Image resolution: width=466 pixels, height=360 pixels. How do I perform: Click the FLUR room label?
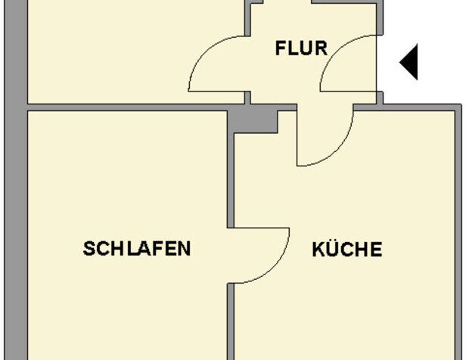300,49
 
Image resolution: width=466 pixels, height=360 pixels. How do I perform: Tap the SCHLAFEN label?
136,248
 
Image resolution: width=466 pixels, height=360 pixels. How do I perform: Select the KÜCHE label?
346,249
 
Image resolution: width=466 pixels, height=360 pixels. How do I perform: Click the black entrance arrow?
409,63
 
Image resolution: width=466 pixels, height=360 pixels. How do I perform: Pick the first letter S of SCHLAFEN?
89,248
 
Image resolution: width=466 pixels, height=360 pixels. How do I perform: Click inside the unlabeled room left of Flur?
129,49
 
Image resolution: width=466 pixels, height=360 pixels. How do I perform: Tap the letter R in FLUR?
321,49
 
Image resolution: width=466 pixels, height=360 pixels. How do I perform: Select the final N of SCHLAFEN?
184,248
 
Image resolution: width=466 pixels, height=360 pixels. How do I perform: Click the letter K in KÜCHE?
318,249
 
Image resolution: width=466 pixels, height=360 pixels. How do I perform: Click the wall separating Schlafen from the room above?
129,107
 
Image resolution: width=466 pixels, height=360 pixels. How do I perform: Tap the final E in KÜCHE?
376,249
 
